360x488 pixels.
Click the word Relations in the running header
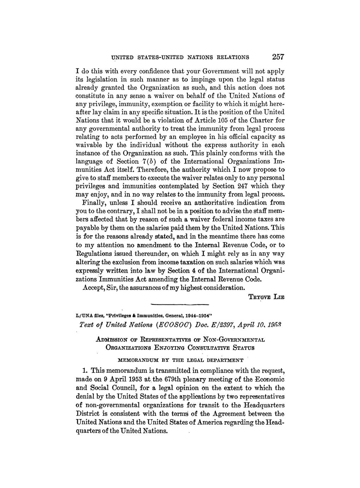[229, 57]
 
